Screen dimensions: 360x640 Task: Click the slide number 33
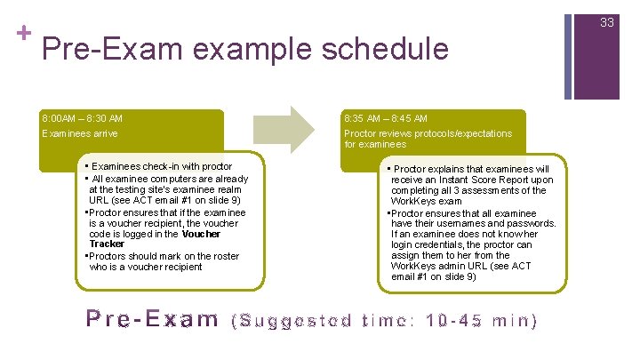[607, 22]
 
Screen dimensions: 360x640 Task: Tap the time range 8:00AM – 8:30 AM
[83, 118]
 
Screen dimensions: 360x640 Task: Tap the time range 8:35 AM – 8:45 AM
[386, 118]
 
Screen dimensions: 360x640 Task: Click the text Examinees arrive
[79, 133]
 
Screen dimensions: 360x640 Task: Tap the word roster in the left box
[225, 256]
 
